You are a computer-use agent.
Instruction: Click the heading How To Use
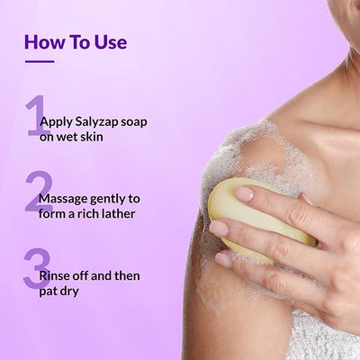tap(76, 41)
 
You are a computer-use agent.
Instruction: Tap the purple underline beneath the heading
tap(40, 62)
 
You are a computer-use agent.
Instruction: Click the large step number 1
tap(35, 115)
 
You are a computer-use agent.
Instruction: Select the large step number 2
tap(37, 192)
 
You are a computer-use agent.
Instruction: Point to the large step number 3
tap(36, 269)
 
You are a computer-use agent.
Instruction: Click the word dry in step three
tap(83, 292)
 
